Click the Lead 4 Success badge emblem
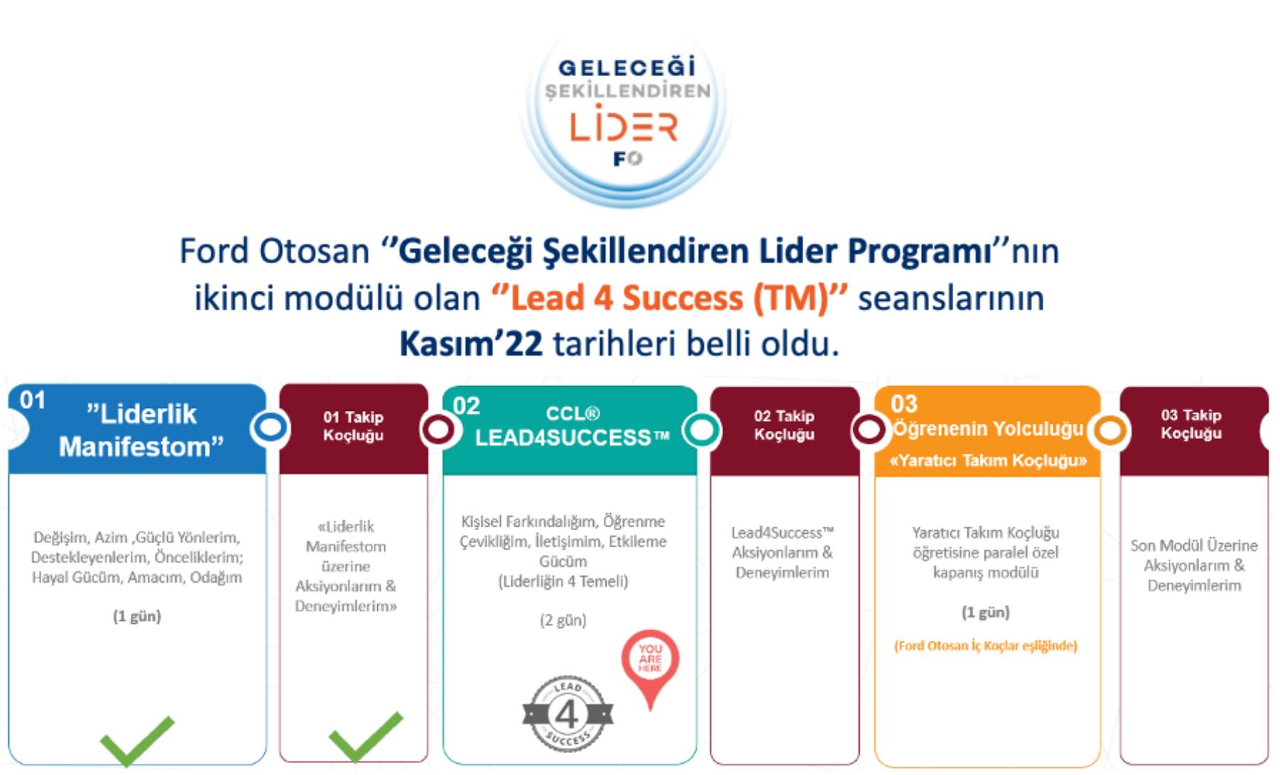point(568,714)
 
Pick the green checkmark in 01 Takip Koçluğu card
point(366,737)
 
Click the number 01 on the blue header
point(33,400)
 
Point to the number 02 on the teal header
point(466,406)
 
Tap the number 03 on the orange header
point(904,404)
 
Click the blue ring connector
point(271,428)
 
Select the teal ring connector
point(702,429)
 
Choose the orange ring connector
point(1110,429)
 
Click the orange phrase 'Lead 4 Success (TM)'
point(670,298)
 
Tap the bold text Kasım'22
point(471,344)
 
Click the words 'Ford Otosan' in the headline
point(274,251)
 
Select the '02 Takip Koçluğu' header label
point(784,425)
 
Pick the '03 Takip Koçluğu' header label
point(1191,424)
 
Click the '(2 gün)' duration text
point(563,620)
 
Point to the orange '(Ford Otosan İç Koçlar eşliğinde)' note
point(986,646)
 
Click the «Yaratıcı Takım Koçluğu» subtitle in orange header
point(988,461)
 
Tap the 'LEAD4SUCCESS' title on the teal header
point(572,438)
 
